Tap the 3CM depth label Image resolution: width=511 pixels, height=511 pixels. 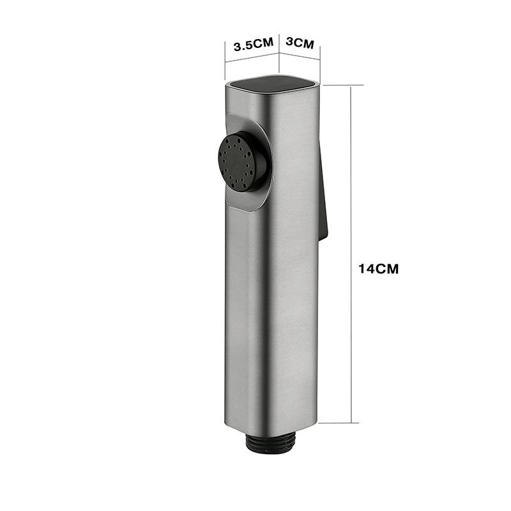point(300,44)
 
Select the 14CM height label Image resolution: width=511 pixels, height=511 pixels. point(378,269)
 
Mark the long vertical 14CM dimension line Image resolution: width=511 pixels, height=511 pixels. point(351,256)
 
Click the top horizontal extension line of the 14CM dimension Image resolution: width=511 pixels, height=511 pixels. point(342,84)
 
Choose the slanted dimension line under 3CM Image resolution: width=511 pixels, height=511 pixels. point(300,56)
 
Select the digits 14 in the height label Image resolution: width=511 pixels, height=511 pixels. point(366,269)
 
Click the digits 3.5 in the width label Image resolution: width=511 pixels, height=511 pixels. point(244,45)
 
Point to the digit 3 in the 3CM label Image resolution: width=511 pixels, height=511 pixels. point(289,44)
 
